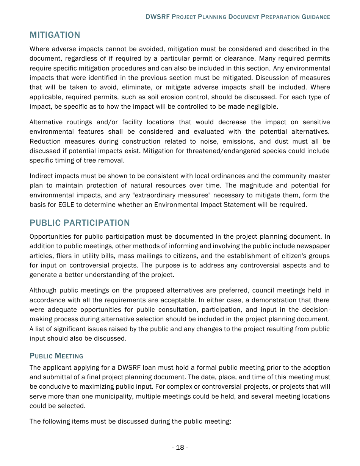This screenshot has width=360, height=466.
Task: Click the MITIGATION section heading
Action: (x=55, y=35)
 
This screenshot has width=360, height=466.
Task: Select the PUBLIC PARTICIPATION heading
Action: (x=80, y=223)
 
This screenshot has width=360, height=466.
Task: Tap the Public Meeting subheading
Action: (x=56, y=356)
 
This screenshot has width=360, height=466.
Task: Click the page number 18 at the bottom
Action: (x=180, y=447)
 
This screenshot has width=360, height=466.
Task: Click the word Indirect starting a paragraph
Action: (x=41, y=176)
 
